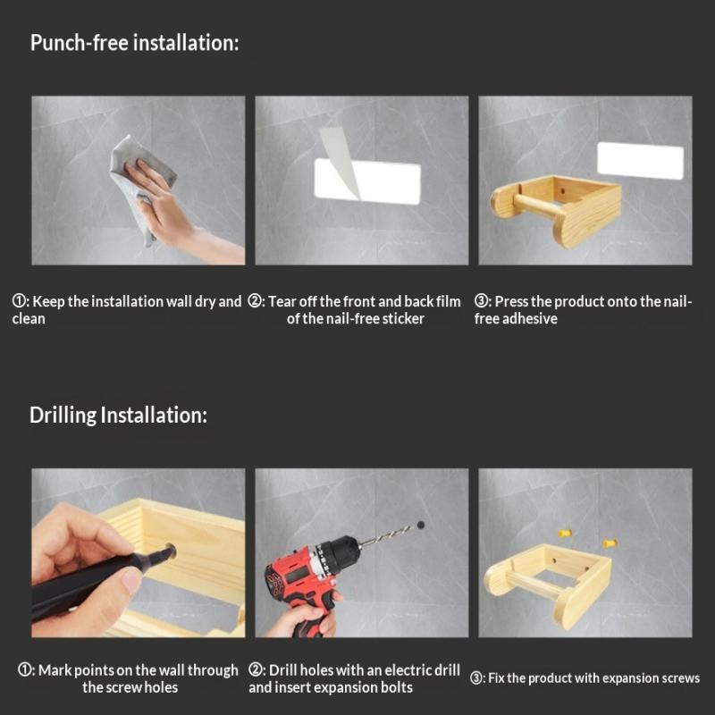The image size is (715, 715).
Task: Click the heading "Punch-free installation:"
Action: tap(135, 43)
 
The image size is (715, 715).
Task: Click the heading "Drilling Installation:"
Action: tap(119, 416)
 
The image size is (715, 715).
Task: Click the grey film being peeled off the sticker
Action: tap(340, 162)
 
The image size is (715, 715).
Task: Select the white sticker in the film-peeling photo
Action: tap(367, 181)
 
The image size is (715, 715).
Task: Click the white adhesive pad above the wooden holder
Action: tap(640, 161)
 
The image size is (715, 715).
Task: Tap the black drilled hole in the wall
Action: tap(420, 526)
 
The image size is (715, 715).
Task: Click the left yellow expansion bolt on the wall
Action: tap(565, 533)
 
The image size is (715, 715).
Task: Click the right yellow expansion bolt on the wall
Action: tap(610, 543)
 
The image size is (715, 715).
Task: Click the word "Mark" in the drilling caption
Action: tap(55, 670)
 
